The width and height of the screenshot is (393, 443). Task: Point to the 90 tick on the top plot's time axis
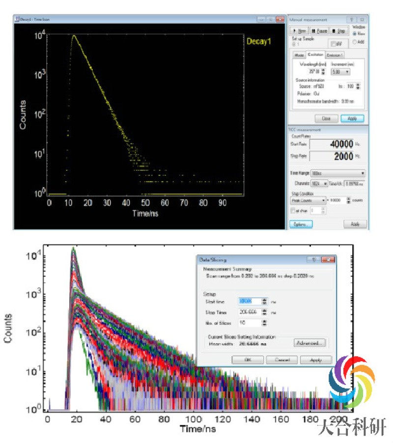(223, 202)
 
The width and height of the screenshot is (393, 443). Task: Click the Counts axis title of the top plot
(23, 117)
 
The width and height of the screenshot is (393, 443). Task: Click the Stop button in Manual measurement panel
(338, 31)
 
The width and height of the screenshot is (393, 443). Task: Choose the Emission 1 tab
(335, 55)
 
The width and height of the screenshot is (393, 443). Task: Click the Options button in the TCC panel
(301, 224)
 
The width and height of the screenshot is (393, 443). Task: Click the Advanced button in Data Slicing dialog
(309, 343)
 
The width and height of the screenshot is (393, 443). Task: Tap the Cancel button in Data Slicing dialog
(281, 360)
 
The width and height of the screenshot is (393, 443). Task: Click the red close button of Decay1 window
(280, 19)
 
